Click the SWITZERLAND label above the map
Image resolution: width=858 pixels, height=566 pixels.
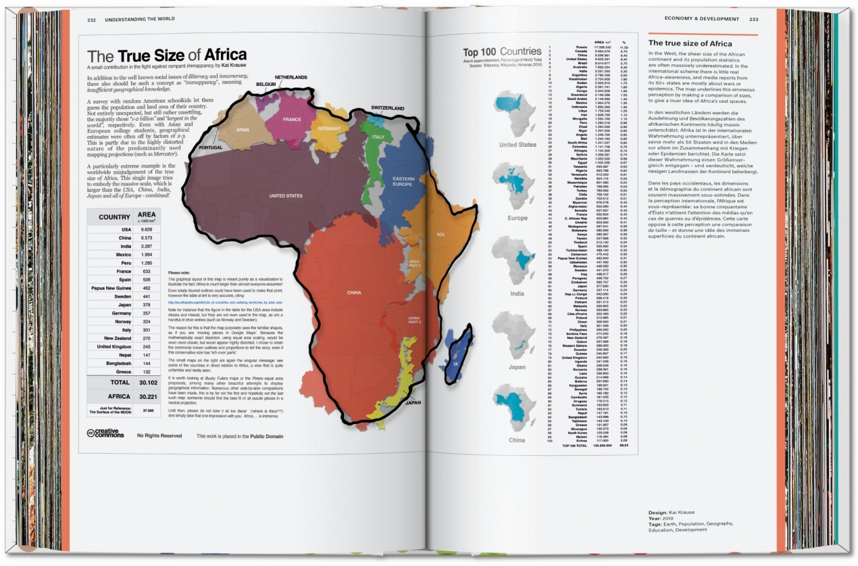point(387,108)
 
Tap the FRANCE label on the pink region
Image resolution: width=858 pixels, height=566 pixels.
point(291,119)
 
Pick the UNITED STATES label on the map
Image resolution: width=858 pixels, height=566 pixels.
point(286,196)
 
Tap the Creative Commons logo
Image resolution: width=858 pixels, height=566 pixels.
point(106,436)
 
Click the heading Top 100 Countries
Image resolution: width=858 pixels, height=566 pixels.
point(501,53)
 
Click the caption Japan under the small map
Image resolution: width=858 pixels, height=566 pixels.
point(517,368)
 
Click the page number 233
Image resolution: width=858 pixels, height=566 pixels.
point(753,19)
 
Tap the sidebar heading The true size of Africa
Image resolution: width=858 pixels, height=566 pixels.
point(690,43)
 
